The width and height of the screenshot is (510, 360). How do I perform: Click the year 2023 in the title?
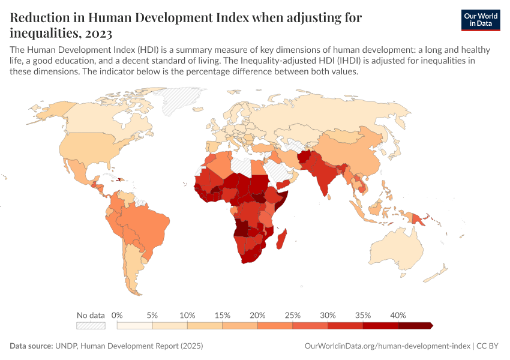[98, 31]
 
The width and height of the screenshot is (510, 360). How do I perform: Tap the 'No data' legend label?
[91, 315]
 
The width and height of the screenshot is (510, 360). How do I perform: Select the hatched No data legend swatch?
[91, 325]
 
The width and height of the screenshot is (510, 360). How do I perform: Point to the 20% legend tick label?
[257, 315]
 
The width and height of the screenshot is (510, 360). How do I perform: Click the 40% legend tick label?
[398, 315]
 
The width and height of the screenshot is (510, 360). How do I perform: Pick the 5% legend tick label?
[152, 315]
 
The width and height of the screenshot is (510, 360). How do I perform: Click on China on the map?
[354, 153]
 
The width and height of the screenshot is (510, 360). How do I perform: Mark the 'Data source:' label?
[31, 346]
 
